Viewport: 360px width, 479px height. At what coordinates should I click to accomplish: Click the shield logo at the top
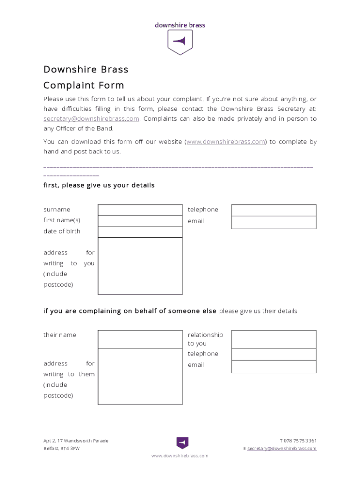coord(180,42)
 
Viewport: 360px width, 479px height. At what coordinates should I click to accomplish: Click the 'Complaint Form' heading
coord(84,85)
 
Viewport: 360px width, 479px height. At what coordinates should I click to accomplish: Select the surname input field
coord(140,210)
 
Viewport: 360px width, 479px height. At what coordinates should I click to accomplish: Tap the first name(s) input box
coord(140,221)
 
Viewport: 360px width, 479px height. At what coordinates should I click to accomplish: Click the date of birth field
coord(140,232)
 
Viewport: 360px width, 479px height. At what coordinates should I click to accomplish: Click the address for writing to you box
coord(140,266)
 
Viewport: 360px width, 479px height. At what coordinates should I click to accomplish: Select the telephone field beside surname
coord(274,210)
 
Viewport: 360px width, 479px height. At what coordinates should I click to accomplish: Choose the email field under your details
coord(274,222)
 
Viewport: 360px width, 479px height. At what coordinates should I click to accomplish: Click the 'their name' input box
coord(140,339)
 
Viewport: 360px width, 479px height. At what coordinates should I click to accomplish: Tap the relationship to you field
coord(274,339)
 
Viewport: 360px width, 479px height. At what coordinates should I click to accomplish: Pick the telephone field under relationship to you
coord(274,354)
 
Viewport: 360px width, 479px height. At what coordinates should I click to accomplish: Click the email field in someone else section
coord(274,366)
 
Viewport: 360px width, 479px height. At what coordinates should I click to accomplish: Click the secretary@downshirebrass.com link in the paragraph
coord(91,119)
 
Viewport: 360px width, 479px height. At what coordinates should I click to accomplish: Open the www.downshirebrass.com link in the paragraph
coord(226,142)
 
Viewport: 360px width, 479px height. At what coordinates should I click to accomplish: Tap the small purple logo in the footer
coord(182,443)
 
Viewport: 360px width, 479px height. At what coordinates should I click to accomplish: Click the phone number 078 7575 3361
coord(300,441)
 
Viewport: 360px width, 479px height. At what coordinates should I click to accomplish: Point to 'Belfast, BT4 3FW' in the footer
coord(61,449)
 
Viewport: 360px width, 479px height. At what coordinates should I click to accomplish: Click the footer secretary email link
coord(282,449)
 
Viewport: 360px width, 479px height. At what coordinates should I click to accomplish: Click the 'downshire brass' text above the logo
coord(180,25)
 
